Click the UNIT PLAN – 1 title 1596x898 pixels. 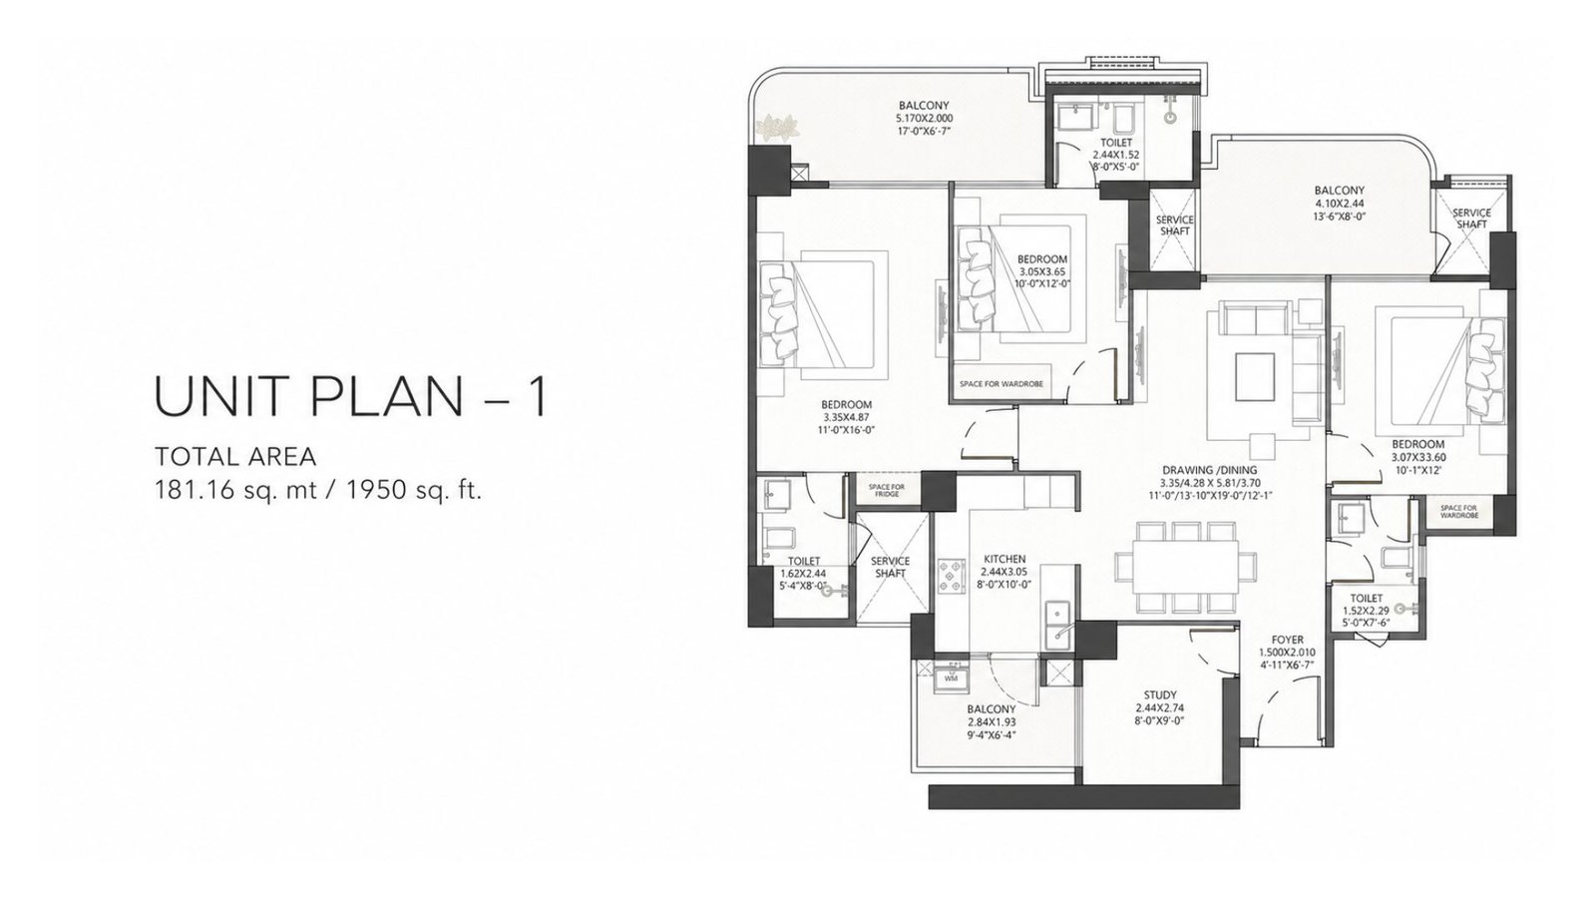[351, 397]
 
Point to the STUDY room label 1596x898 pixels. [1160, 694]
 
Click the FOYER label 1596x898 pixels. [1287, 640]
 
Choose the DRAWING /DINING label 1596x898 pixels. [1209, 470]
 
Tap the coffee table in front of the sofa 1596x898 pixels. [1255, 376]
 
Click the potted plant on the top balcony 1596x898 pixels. [778, 129]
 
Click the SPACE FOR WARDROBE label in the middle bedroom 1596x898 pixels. [1001, 384]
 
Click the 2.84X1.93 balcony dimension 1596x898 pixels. [992, 722]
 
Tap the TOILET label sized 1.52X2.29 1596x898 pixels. [1366, 599]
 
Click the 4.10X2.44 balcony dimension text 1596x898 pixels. [1340, 204]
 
